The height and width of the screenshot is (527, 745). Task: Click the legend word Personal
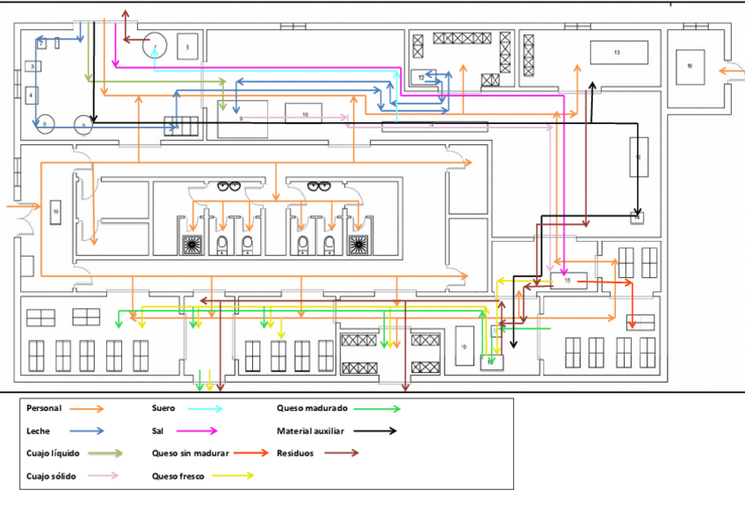click(x=43, y=408)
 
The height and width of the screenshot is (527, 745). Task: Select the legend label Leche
click(x=39, y=431)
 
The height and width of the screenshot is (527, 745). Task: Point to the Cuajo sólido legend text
click(x=51, y=476)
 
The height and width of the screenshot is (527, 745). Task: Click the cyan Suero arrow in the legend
click(x=204, y=408)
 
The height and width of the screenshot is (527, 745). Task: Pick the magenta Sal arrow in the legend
click(x=199, y=431)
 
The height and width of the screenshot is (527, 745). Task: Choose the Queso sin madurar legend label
click(x=191, y=453)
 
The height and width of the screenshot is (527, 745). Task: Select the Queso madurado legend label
click(x=312, y=408)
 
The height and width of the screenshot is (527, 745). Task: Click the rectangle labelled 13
click(x=618, y=53)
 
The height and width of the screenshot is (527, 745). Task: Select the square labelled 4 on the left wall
click(x=32, y=94)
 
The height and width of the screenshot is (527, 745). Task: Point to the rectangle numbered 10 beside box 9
click(x=305, y=115)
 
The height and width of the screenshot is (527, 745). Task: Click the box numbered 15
click(x=568, y=281)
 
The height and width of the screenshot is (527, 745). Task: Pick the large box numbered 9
click(x=242, y=119)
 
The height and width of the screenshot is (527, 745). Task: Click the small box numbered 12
click(x=423, y=77)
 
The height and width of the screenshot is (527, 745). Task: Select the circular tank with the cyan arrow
click(x=155, y=45)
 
